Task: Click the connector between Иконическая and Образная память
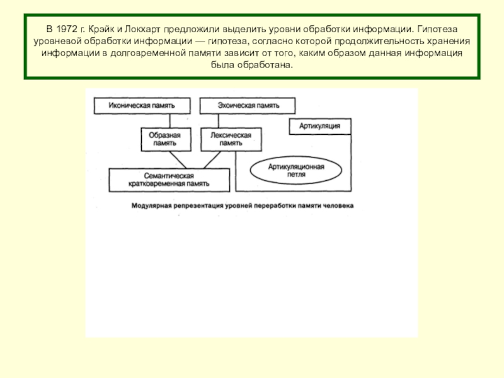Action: [x=169, y=121]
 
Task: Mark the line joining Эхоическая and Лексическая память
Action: [x=219, y=121]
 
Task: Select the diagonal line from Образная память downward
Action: [x=178, y=160]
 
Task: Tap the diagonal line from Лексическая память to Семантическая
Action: [x=212, y=160]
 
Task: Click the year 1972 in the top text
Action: [x=67, y=29]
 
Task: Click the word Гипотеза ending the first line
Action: [x=437, y=29]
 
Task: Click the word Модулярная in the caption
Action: [x=151, y=206]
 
